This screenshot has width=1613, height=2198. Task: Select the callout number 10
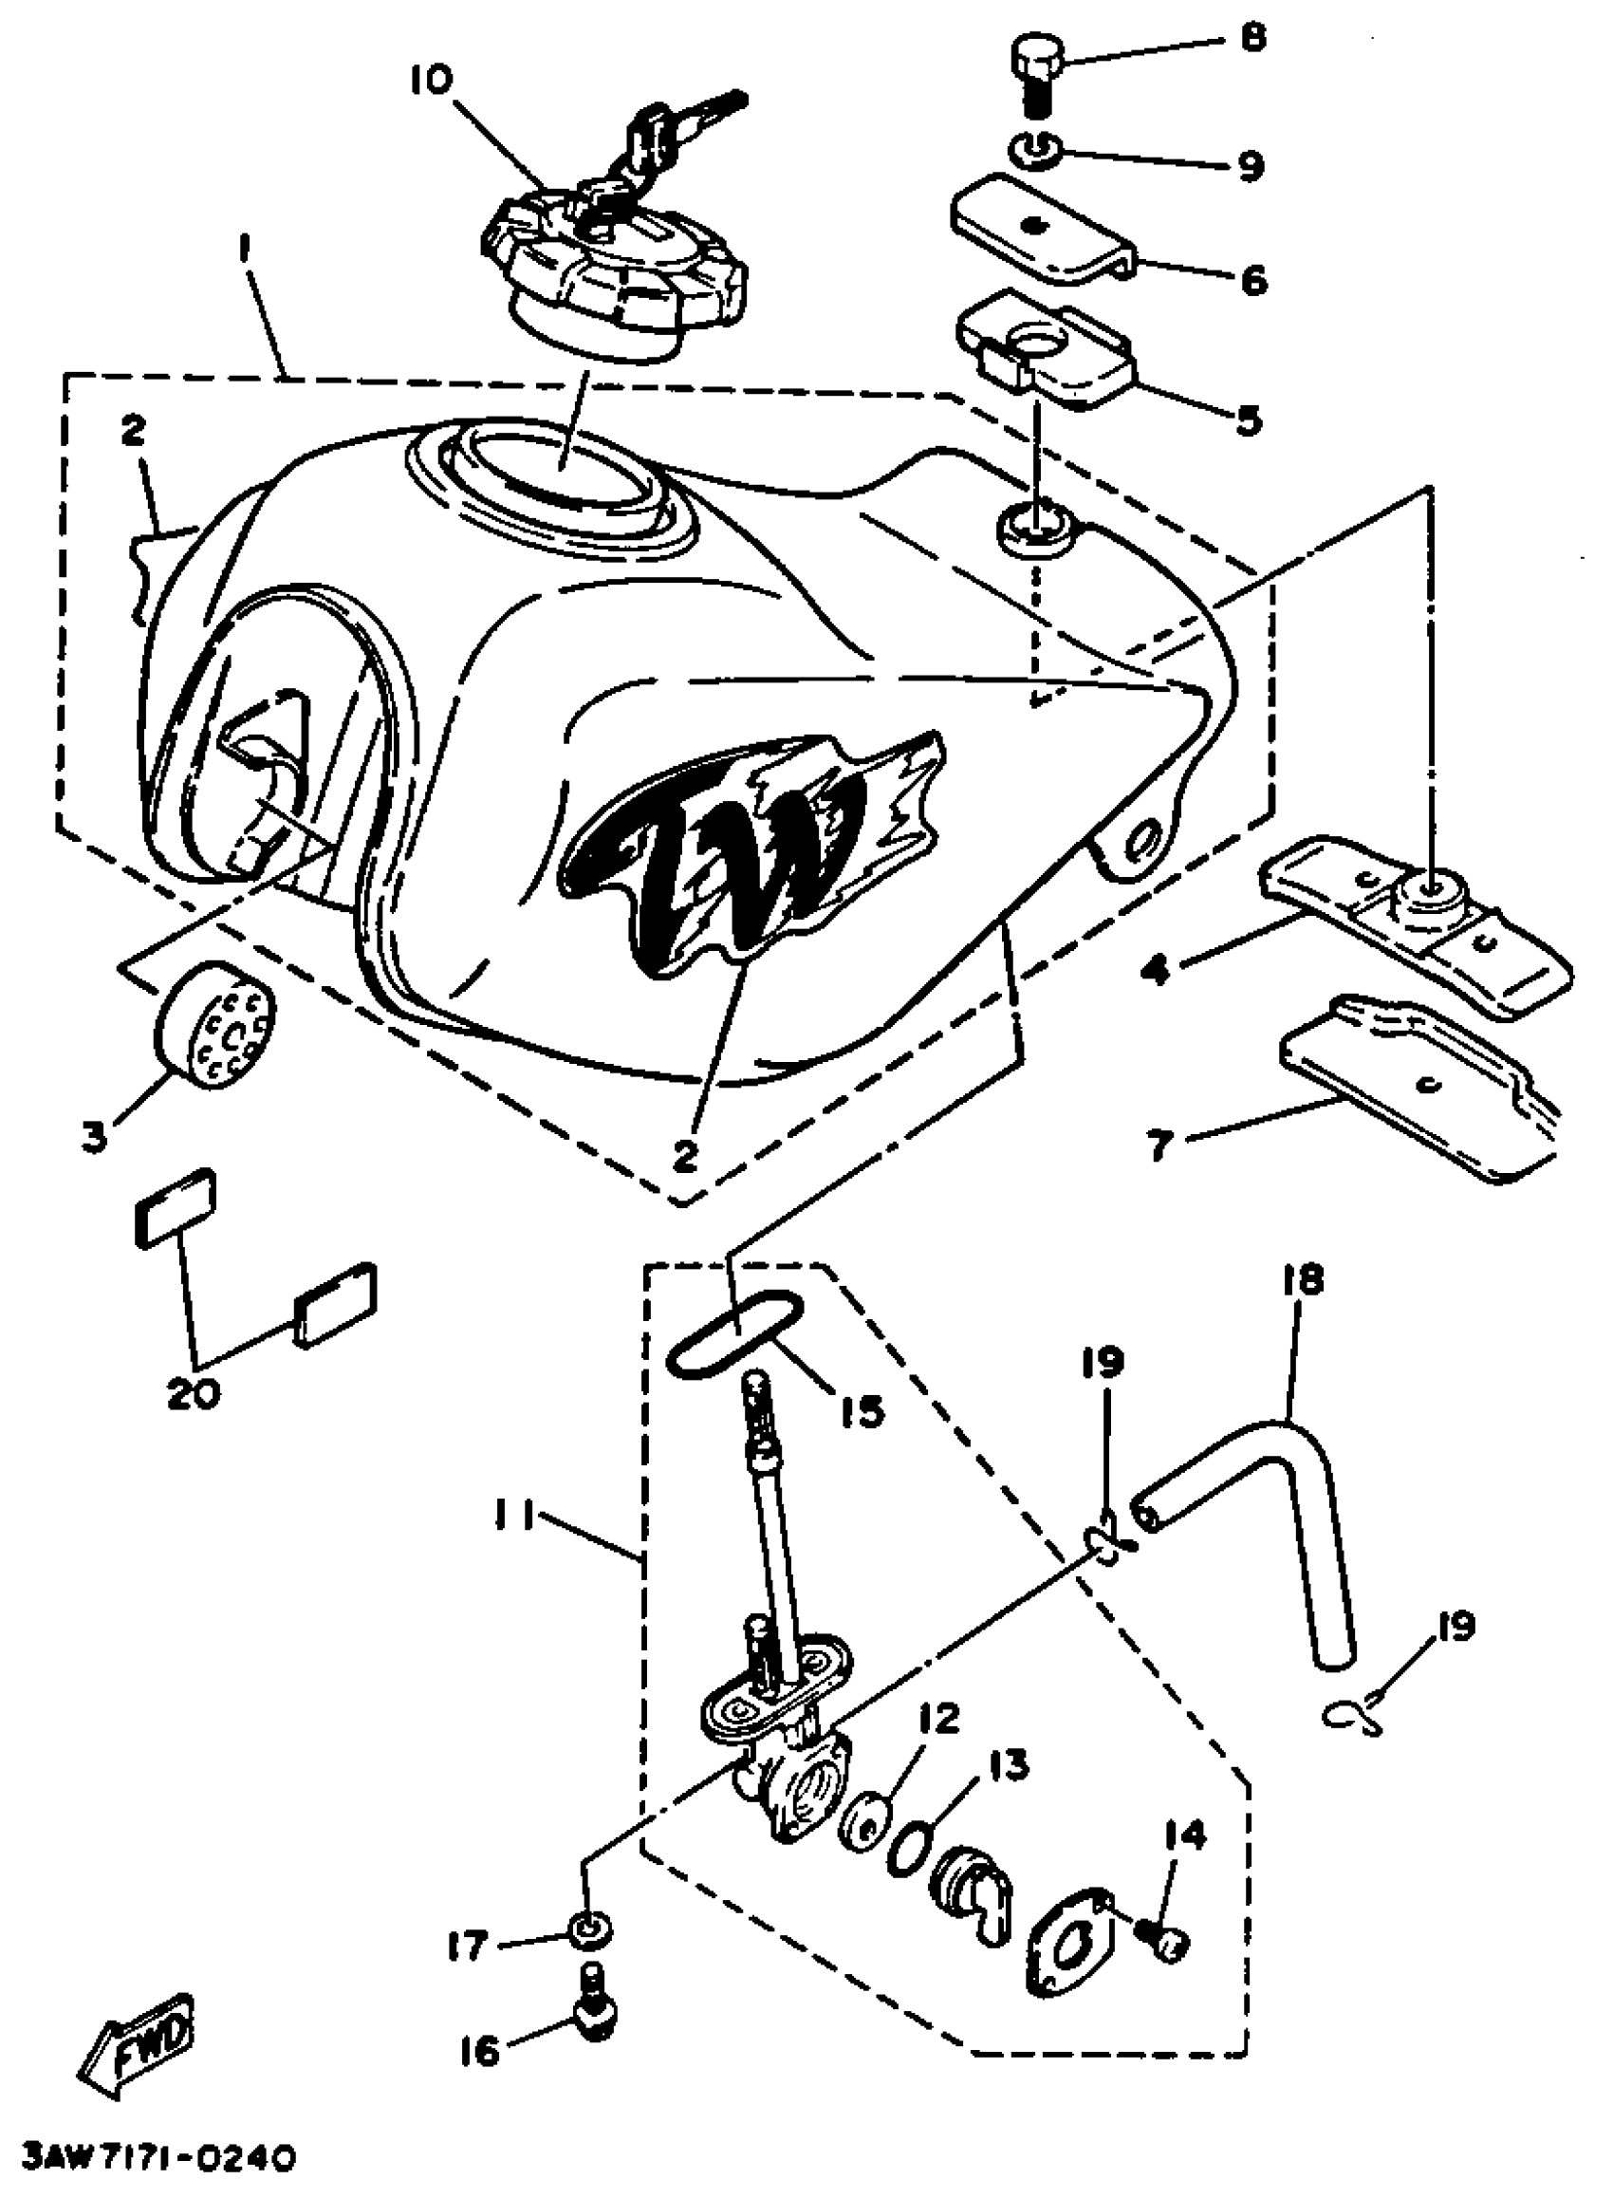[432, 80]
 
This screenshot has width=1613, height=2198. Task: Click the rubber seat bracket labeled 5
[1045, 352]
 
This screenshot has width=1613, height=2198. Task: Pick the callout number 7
[1158, 1144]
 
